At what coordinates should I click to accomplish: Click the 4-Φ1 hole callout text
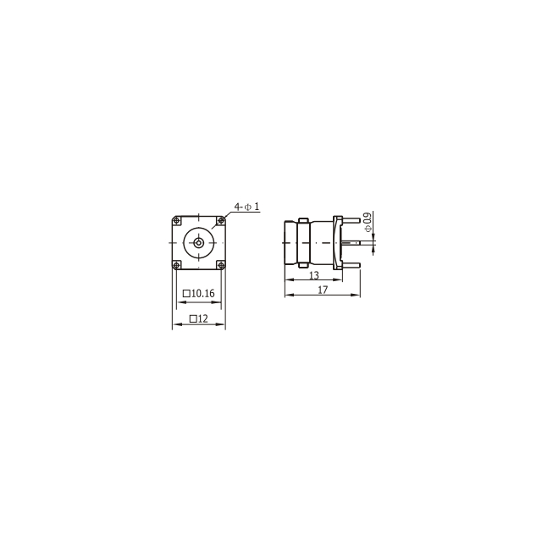pyautogui.click(x=246, y=207)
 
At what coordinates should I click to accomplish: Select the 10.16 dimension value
pyautogui.click(x=202, y=294)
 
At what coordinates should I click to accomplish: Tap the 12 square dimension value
pyautogui.click(x=203, y=319)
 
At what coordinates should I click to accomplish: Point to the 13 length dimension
pyautogui.click(x=313, y=276)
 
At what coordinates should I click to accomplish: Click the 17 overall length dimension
pyautogui.click(x=323, y=290)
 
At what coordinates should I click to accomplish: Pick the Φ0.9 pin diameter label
pyautogui.click(x=367, y=223)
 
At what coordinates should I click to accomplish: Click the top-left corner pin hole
pyautogui.click(x=177, y=220)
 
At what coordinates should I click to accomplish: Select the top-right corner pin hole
pyautogui.click(x=220, y=220)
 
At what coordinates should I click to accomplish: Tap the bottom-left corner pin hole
pyautogui.click(x=177, y=265)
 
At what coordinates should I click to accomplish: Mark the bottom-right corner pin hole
pyautogui.click(x=220, y=265)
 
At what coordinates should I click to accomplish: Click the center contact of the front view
pyautogui.click(x=198, y=243)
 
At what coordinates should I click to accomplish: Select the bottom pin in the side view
pyautogui.click(x=351, y=264)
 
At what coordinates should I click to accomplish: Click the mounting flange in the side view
pyautogui.click(x=339, y=243)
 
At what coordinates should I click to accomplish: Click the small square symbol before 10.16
pyautogui.click(x=186, y=294)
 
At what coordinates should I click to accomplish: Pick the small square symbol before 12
pyautogui.click(x=193, y=319)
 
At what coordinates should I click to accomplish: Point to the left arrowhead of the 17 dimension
pyautogui.click(x=287, y=296)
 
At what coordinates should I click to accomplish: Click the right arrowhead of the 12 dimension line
pyautogui.click(x=223, y=325)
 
